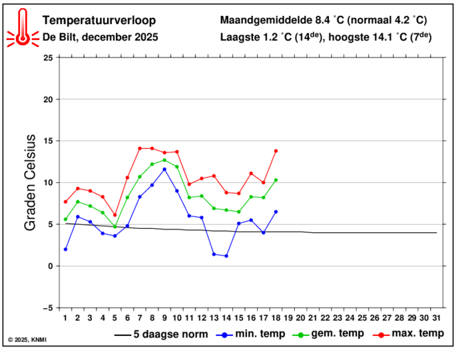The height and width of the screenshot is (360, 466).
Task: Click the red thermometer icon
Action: pos(23,28)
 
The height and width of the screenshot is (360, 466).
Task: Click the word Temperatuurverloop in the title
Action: pos(92,19)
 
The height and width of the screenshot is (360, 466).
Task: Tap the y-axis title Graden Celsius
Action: pos(30,182)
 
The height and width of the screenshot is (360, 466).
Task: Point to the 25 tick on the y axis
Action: pos(47,58)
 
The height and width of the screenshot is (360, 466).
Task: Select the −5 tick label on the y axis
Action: pos(47,308)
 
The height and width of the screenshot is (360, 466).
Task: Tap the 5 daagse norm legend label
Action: pos(170,334)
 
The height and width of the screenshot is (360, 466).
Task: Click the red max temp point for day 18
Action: pos(276,151)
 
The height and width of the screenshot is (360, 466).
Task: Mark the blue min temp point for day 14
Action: pos(226,256)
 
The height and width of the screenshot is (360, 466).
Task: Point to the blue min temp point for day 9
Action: pos(164,169)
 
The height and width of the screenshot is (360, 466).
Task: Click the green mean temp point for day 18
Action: pos(276,180)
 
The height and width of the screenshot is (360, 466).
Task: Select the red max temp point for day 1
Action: pos(65,202)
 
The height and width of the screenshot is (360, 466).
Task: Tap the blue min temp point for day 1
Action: pos(65,250)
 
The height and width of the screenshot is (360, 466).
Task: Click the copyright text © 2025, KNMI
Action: pos(27,340)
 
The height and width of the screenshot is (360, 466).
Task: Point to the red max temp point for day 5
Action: pos(115,215)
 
